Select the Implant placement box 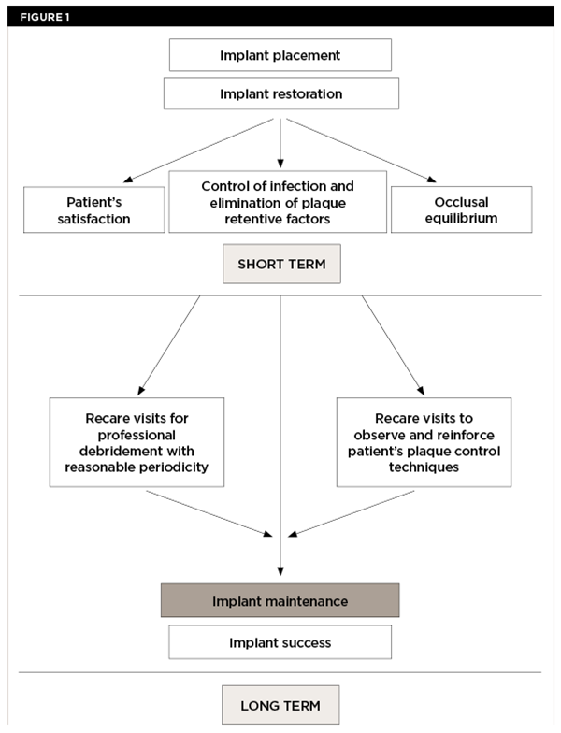(280, 55)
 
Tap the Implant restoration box (280, 93)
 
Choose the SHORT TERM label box (280, 264)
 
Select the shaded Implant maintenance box (280, 601)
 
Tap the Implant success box (280, 643)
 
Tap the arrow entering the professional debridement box (170, 346)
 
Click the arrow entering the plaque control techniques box (391, 346)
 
